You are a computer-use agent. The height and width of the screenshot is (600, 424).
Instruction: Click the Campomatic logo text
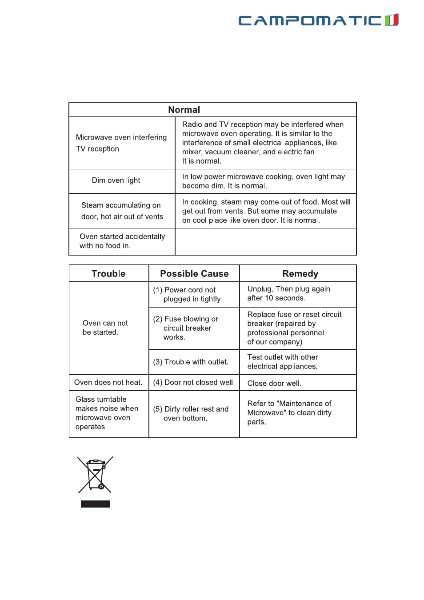[x=310, y=20]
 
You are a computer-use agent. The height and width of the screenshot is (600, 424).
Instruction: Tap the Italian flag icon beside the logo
[x=392, y=20]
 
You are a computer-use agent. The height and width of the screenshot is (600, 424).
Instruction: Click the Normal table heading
[x=184, y=110]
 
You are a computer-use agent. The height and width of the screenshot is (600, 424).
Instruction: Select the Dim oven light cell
[x=116, y=180]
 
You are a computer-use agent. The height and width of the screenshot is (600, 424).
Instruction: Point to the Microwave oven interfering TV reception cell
[x=121, y=143]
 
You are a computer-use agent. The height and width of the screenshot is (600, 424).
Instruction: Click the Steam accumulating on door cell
[x=122, y=211]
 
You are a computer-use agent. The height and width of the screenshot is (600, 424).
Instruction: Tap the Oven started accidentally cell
[x=122, y=241]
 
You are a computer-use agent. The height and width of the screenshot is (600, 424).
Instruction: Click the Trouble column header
[x=108, y=274]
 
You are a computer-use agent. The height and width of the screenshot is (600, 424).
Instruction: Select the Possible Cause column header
[x=194, y=274]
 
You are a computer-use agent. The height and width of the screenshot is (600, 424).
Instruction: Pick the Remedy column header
[x=300, y=274]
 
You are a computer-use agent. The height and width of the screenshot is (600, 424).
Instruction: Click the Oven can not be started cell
[x=105, y=328]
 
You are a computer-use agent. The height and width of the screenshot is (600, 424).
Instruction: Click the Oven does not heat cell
[x=108, y=383]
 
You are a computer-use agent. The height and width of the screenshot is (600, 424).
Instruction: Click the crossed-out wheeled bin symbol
[x=95, y=475]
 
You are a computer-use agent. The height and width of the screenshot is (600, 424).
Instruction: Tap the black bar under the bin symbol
[x=96, y=504]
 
